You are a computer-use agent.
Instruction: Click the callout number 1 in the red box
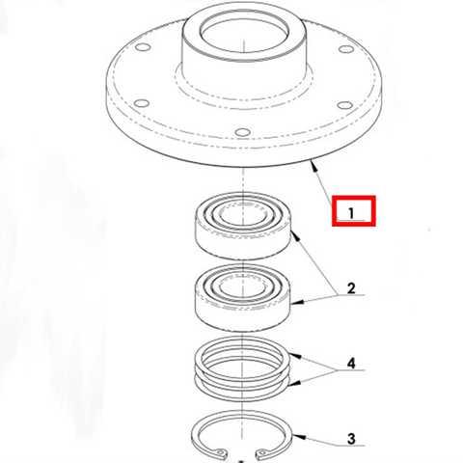[351, 213]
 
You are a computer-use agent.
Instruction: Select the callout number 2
[351, 288]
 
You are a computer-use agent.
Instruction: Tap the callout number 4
[351, 364]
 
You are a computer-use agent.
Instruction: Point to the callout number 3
[351, 439]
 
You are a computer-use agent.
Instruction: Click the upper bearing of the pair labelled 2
[243, 226]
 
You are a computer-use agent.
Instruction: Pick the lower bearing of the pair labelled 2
[243, 297]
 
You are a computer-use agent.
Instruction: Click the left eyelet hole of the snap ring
[221, 452]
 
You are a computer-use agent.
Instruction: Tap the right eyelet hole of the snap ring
[262, 453]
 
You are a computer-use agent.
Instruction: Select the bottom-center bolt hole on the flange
[242, 132]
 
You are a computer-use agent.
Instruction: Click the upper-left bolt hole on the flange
[143, 47]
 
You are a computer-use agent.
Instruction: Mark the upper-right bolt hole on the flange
[346, 49]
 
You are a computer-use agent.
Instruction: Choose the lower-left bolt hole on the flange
[142, 103]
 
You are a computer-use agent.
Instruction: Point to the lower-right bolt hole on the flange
[345, 105]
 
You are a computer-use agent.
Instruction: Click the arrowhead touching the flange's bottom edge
[313, 166]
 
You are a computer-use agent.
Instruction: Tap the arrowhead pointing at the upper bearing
[295, 236]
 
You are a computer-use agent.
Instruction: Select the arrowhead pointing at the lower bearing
[297, 302]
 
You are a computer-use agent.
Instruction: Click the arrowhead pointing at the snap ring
[298, 436]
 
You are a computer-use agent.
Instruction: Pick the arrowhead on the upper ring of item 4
[295, 356]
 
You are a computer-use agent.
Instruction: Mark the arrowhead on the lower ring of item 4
[295, 383]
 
